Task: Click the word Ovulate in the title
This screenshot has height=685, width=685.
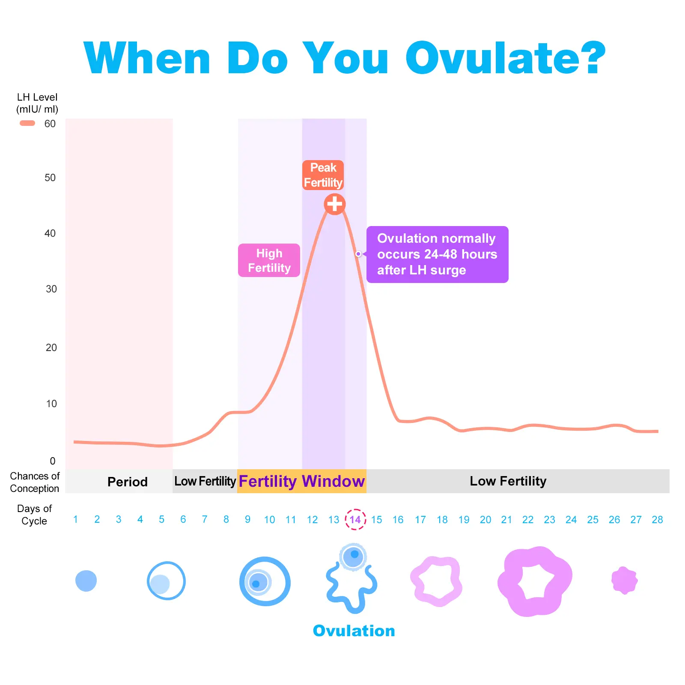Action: pos(505,58)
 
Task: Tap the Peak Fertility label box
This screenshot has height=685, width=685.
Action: pos(323,175)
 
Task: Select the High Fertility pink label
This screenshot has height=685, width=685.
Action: pos(269,260)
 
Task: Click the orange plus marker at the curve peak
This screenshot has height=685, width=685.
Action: pos(334,204)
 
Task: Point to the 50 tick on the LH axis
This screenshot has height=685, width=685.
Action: pos(50,178)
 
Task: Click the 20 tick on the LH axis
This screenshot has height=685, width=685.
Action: pos(51,347)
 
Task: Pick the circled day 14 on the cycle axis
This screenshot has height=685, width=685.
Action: pos(355,519)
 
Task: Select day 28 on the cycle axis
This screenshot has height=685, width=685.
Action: pos(657,520)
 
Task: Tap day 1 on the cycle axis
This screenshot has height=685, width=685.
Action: pos(75,519)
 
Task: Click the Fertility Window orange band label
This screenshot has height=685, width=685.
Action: pos(301,481)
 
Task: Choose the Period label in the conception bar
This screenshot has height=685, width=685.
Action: pos(127,482)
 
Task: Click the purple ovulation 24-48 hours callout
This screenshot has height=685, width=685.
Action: pos(437,254)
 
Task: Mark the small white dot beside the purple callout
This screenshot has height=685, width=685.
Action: pos(358,254)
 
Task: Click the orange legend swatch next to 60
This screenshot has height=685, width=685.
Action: pos(27,123)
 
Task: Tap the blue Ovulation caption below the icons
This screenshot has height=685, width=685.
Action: pos(354,631)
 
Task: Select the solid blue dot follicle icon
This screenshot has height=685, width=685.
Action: pos(86,581)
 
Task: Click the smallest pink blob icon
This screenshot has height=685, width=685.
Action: pos(624,581)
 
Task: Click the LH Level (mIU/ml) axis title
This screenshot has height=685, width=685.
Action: pos(37,103)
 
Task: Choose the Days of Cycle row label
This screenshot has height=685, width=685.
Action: pos(34,515)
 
